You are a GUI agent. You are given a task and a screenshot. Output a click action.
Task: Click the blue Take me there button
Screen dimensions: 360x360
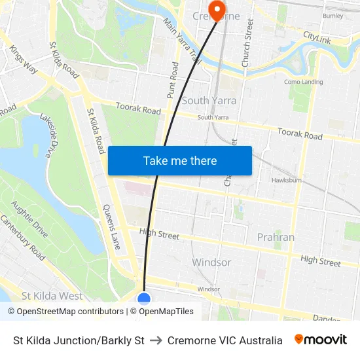(x=180, y=160)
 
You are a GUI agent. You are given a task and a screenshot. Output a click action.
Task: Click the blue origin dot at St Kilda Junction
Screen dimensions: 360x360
(x=144, y=299)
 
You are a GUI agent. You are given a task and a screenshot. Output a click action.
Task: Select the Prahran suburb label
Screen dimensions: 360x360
(x=276, y=237)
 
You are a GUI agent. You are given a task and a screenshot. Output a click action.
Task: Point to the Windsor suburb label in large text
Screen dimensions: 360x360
(x=211, y=262)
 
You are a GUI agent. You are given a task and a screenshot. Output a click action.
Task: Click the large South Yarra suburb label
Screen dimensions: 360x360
(x=209, y=100)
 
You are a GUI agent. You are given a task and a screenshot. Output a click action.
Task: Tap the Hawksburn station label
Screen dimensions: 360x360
(x=286, y=180)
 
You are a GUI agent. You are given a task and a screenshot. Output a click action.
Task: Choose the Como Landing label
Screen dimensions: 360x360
(x=303, y=82)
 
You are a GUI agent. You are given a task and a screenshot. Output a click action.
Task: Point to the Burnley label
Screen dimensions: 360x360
(x=333, y=15)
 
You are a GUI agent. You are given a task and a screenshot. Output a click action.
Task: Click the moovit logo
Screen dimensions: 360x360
(x=320, y=340)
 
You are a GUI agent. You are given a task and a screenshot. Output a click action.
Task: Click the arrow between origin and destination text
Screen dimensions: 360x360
(x=156, y=340)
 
